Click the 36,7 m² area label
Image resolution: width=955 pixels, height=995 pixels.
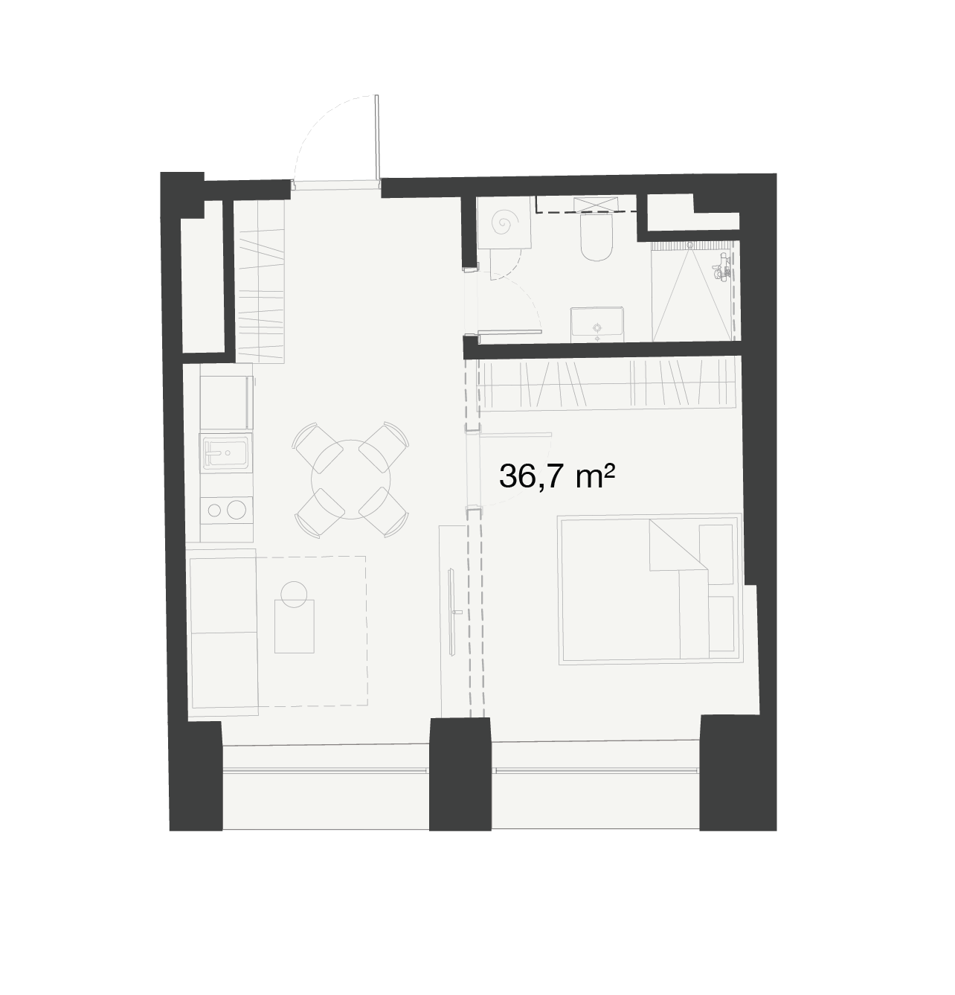click(x=556, y=476)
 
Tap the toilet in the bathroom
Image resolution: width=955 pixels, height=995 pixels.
click(x=597, y=237)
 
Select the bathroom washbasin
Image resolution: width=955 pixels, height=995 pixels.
click(x=597, y=324)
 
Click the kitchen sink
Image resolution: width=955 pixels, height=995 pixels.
click(x=225, y=452)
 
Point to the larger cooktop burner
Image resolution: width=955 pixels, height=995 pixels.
click(x=236, y=510)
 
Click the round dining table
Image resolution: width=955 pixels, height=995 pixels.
click(x=350, y=479)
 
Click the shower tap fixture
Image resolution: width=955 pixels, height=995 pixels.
click(x=721, y=266)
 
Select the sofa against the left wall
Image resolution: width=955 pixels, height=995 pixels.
click(x=223, y=633)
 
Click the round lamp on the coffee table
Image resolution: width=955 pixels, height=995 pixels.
click(x=295, y=594)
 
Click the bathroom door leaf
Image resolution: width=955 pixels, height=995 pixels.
click(x=509, y=333)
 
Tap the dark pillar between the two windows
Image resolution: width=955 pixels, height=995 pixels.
click(x=460, y=774)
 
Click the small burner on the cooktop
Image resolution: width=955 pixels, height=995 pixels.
click(x=214, y=510)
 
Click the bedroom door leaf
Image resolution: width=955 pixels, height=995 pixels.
click(x=515, y=434)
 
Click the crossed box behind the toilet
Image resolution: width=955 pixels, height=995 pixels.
click(x=596, y=205)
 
